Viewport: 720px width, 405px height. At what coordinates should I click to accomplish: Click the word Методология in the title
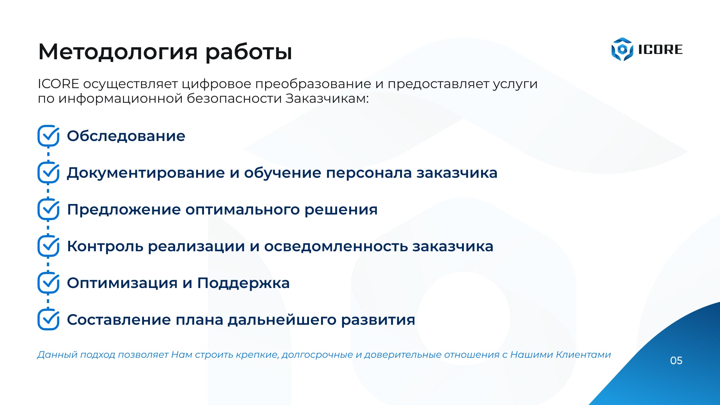(118, 52)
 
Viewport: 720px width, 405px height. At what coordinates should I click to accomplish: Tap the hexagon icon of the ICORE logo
(622, 49)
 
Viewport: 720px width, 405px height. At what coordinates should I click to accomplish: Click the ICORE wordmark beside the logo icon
(660, 49)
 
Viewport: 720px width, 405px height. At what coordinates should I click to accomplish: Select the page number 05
(676, 361)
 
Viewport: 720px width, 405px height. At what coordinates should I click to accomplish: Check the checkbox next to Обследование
(48, 136)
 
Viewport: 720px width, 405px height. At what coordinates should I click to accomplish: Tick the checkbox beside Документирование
(48, 172)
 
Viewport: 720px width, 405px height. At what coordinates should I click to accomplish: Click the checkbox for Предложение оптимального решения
(48, 209)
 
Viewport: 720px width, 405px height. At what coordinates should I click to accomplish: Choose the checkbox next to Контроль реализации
(48, 246)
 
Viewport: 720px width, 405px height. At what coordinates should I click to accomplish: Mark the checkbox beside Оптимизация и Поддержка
(48, 283)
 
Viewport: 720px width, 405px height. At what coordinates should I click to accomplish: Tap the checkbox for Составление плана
(48, 319)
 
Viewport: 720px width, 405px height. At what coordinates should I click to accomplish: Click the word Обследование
(126, 136)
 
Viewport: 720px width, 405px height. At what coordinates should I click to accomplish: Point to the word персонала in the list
(369, 173)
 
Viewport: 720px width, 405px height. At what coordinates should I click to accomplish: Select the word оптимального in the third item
(243, 210)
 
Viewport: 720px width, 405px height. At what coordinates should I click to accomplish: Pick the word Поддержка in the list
(243, 283)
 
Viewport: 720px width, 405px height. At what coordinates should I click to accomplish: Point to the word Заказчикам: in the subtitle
(327, 98)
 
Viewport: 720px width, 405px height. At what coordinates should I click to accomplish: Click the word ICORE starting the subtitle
(58, 84)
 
